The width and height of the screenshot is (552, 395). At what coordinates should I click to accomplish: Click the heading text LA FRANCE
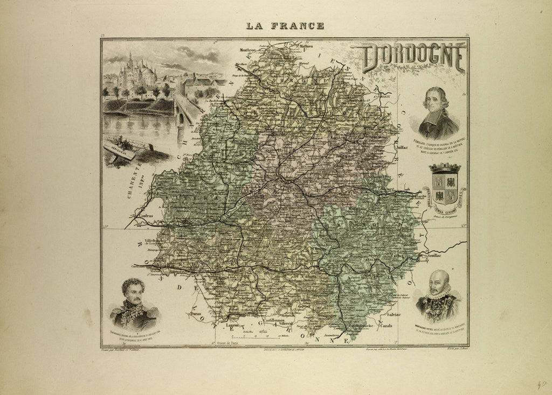(x=285, y=25)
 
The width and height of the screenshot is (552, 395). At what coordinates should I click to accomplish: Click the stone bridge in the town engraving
(x=187, y=110)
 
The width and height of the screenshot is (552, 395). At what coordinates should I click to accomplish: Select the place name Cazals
(x=401, y=326)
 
